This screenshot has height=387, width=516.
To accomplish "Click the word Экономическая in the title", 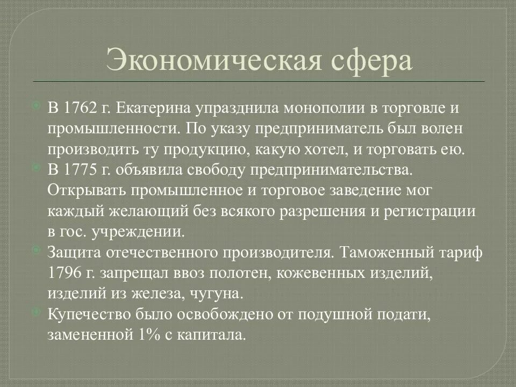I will pyautogui.click(x=204, y=61).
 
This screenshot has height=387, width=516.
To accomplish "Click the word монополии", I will pyautogui.click(x=304, y=108).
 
